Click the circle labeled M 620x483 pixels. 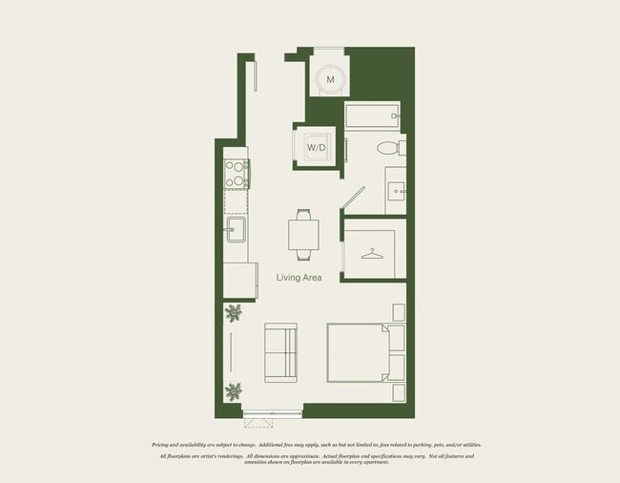tap(330, 79)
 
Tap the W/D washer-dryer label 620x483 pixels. tap(316, 147)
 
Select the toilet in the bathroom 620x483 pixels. tap(386, 148)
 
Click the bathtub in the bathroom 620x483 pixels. tap(373, 118)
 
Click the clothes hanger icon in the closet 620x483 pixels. tap(372, 254)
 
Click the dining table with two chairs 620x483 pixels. tap(303, 234)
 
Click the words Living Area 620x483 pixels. tap(299, 278)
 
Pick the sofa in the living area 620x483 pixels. tap(279, 351)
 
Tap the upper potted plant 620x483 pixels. tap(234, 312)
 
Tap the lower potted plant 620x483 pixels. tap(234, 390)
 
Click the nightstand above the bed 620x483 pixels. tap(399, 312)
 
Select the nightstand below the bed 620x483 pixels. tap(399, 390)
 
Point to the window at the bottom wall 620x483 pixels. tap(272, 412)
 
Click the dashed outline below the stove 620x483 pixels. tap(236, 199)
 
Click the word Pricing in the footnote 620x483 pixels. tap(162, 445)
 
